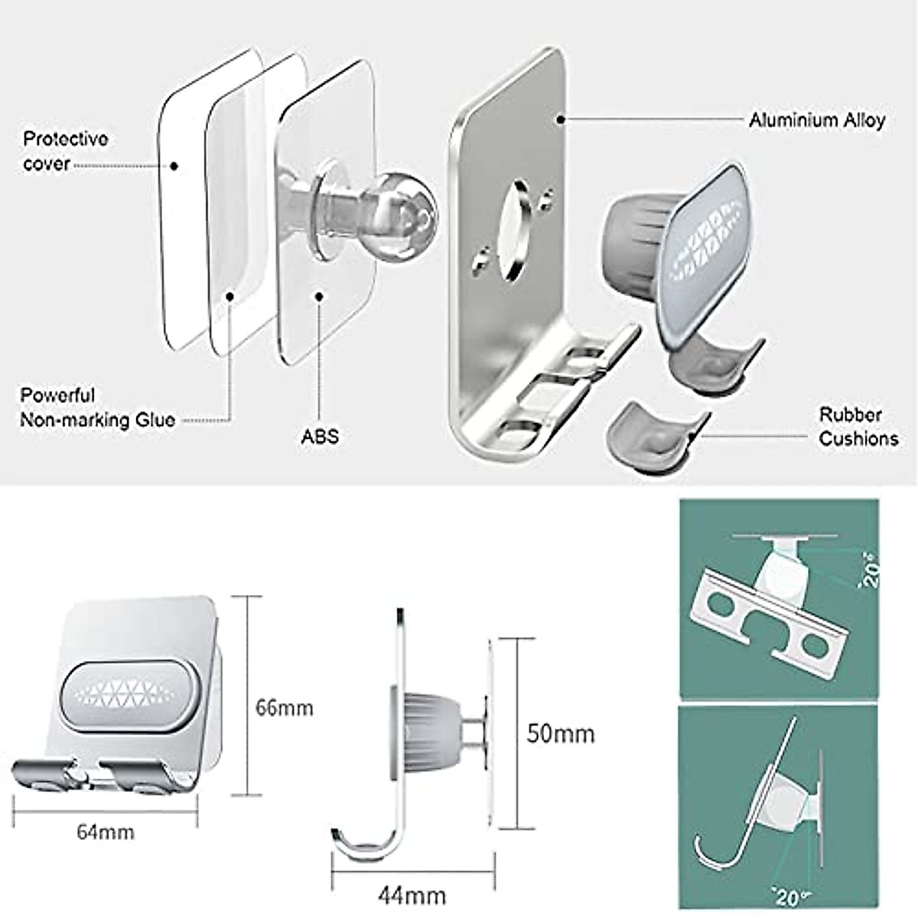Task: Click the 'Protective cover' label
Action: [x=65, y=151]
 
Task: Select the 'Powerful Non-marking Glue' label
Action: [x=97, y=408]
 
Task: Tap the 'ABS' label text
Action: [x=319, y=436]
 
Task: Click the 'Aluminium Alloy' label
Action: [x=816, y=120]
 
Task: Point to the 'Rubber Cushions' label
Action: [x=858, y=427]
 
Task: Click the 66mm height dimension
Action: [x=284, y=708]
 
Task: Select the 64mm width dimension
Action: [x=105, y=832]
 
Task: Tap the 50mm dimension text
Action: [x=560, y=734]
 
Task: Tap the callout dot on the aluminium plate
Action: [x=561, y=119]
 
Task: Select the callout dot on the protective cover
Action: [x=174, y=165]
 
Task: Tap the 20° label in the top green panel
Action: [x=870, y=570]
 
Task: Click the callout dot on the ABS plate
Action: [x=318, y=296]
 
